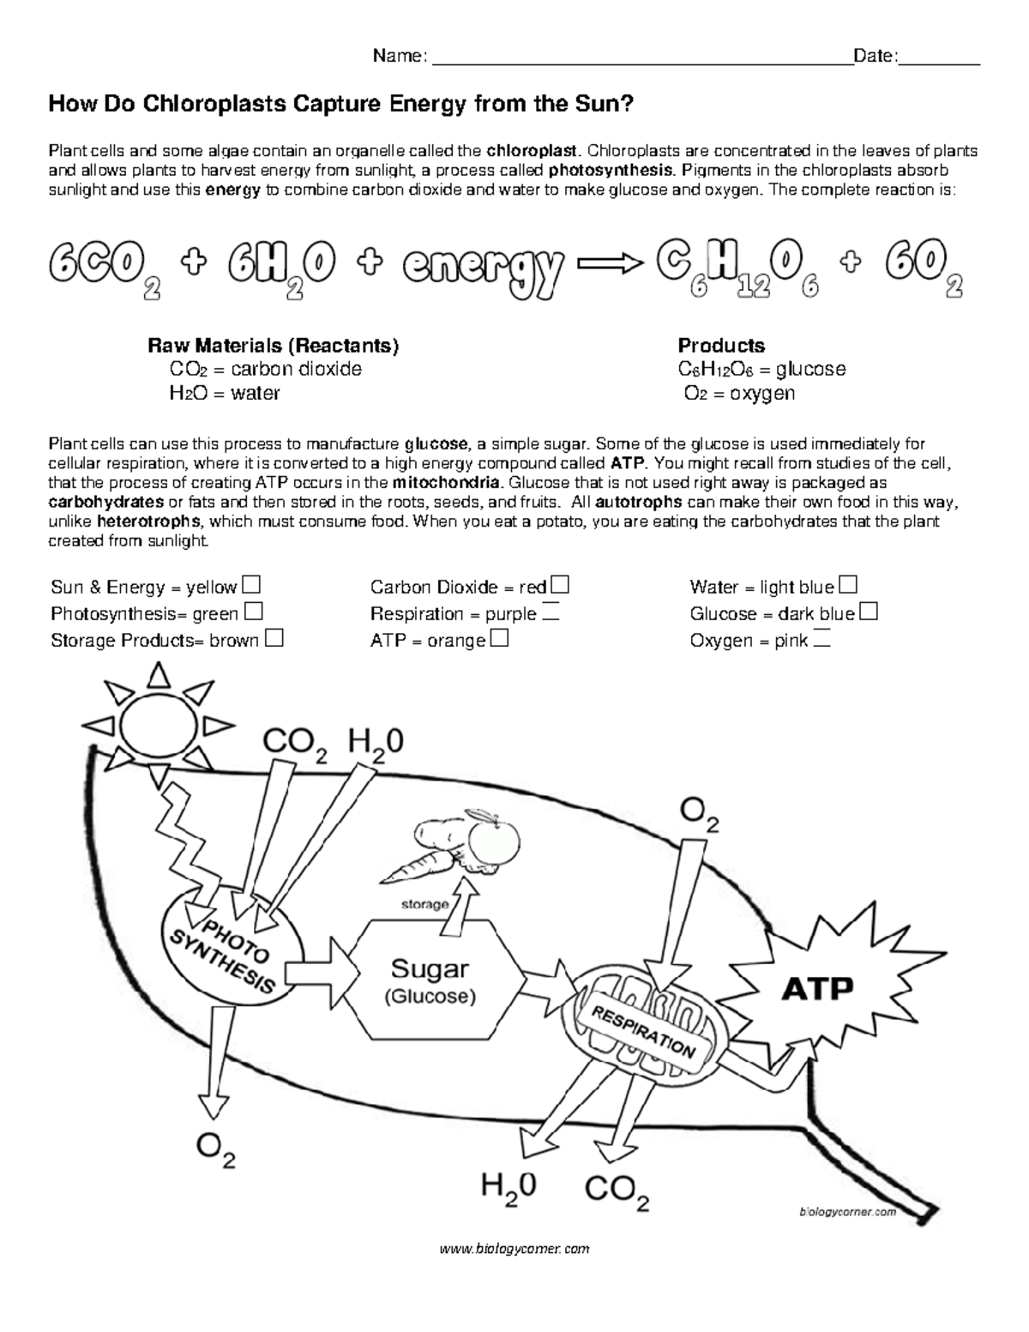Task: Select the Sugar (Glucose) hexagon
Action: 430,979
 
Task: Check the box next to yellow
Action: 251,586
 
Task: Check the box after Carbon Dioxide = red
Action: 560,586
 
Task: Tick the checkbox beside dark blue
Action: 868,612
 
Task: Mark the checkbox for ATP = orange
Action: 500,639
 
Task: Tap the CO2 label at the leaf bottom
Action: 617,1190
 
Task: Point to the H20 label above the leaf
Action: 376,743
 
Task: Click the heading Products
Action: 721,346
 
